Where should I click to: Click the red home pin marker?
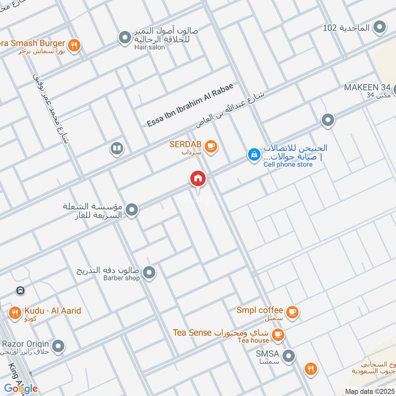(198, 179)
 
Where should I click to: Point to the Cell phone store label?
(288, 164)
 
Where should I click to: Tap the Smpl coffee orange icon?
(293, 312)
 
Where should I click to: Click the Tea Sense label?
(193, 332)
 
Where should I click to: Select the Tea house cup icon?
(278, 334)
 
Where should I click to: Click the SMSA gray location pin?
(289, 355)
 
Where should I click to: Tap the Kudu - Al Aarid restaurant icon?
(14, 312)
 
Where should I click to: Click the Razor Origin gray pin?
(58, 346)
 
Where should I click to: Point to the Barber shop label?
(122, 278)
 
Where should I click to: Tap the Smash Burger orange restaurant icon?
(74, 46)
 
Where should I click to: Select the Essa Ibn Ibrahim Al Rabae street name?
(190, 105)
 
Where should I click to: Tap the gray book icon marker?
(117, 148)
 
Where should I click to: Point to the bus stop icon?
(21, 291)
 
